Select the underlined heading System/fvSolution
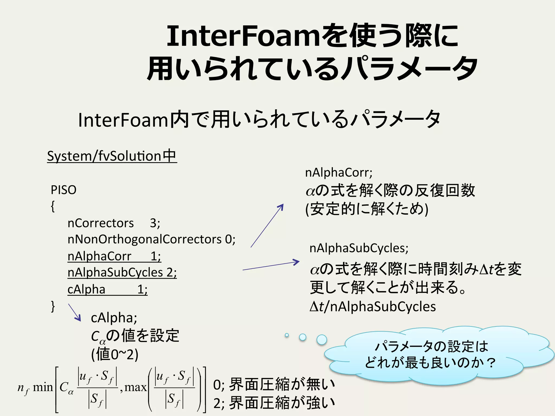112,156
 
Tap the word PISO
63,190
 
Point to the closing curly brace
53,307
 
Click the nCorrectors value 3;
155,223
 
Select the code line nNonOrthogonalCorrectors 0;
151,239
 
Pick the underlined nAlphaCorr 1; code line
114,256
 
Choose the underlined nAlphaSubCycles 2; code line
122,272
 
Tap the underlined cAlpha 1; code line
107,289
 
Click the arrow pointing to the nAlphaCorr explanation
267,226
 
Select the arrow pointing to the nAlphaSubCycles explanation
271,266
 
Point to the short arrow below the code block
75,312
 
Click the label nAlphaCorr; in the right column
339,173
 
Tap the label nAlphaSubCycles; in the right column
359,248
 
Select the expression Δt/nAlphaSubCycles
373,307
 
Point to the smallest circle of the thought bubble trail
287,335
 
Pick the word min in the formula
43,387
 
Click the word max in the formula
135,387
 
